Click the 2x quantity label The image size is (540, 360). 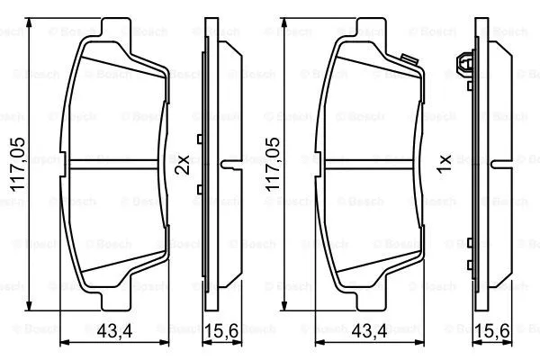(x=182, y=165)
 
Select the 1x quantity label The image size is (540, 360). (x=442, y=165)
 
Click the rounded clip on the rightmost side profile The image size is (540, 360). (x=466, y=65)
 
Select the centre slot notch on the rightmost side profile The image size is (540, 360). (x=498, y=164)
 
